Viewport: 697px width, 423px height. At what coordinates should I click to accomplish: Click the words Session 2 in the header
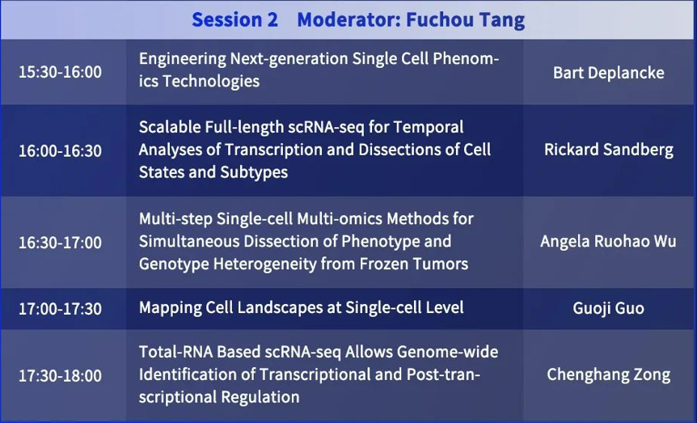(234, 19)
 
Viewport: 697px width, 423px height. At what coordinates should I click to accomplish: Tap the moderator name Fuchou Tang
(466, 20)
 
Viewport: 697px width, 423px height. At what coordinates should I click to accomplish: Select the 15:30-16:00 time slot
(60, 72)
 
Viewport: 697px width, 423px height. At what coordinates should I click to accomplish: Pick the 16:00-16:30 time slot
(60, 151)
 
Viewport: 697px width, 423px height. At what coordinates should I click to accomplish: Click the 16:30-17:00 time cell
(60, 243)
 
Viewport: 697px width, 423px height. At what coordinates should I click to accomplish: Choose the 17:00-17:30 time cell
(60, 309)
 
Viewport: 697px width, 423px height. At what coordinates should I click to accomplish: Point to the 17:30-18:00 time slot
(60, 376)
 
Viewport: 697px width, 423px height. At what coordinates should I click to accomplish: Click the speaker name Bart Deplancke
(609, 73)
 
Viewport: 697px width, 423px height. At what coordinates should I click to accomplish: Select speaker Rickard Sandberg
(609, 150)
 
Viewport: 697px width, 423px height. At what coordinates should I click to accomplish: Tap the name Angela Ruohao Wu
(608, 242)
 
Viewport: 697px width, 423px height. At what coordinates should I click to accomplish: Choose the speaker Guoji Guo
(608, 309)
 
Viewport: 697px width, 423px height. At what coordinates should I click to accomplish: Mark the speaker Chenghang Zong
(609, 375)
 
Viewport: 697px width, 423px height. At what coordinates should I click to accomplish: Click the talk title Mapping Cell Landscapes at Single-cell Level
(301, 308)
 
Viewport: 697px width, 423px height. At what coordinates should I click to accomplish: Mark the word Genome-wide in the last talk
(448, 352)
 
